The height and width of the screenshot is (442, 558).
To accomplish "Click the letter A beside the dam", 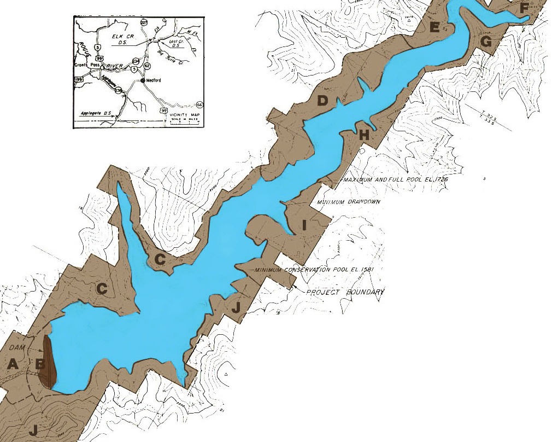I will (13, 364).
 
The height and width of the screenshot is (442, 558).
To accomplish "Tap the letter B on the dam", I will (39, 363).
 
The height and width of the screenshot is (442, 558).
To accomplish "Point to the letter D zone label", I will (322, 100).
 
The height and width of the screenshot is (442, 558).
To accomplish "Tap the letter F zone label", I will (524, 8).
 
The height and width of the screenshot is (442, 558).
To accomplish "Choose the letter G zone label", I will (486, 42).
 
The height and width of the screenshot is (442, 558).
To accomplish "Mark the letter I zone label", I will (305, 224).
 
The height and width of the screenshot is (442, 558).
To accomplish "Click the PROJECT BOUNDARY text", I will (345, 292).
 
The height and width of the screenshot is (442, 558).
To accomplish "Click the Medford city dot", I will (143, 80).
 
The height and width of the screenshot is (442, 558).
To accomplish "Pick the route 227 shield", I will (144, 22).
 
